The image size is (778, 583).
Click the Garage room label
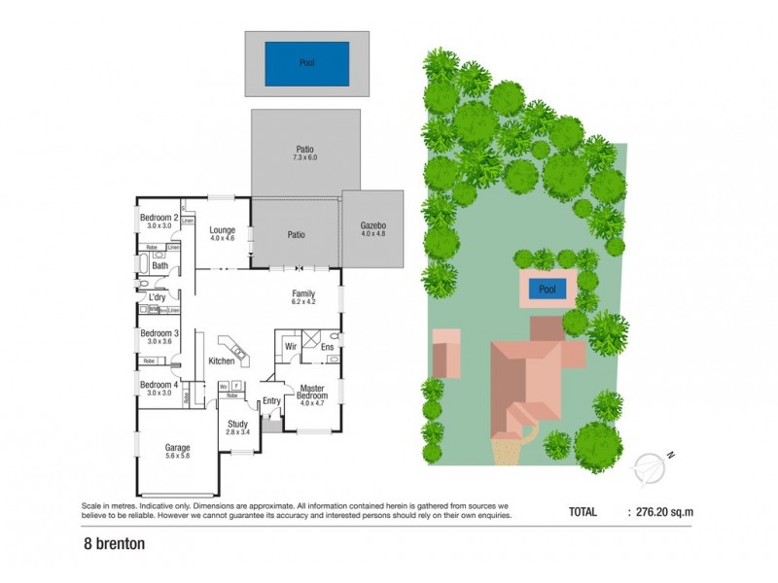pos(177,448)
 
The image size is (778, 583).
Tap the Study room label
pos(237,424)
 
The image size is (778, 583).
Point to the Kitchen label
pos(222,361)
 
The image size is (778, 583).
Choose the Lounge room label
pos(224,230)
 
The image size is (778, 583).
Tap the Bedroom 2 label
pos(159,218)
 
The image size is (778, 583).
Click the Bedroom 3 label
pos(159,334)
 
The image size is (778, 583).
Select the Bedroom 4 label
pos(159,385)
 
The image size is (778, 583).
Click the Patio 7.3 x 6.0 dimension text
pos(306,157)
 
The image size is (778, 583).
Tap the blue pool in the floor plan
pos(307,64)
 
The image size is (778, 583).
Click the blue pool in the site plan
pos(548,290)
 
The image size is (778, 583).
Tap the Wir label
pos(290,346)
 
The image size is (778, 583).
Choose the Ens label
pos(327,346)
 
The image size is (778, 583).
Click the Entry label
pos(271,400)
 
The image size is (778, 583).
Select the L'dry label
pos(159,297)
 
